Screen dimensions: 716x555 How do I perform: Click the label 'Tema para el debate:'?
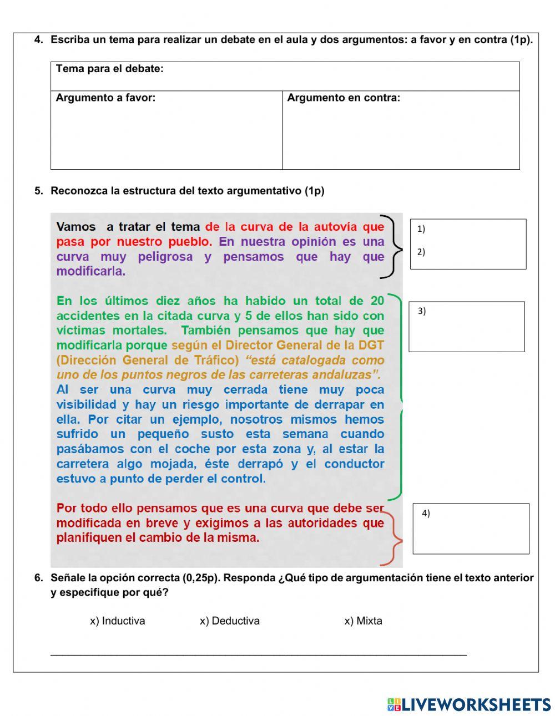[109, 69]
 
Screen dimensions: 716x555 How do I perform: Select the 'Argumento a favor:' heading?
[105, 98]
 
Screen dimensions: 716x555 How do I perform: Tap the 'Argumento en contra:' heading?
[344, 98]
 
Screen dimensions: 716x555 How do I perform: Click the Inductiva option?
[117, 621]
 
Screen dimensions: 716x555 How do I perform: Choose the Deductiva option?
[229, 621]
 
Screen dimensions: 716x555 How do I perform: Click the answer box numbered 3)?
[467, 327]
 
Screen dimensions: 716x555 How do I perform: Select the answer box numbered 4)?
[471, 529]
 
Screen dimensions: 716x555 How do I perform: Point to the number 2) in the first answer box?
[421, 252]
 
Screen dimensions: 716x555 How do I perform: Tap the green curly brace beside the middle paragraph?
[397, 397]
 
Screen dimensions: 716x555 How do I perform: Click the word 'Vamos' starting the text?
[75, 227]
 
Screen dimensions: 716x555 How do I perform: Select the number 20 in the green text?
[377, 301]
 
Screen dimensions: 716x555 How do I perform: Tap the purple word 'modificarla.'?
[90, 272]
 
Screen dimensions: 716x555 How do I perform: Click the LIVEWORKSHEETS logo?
[468, 704]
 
